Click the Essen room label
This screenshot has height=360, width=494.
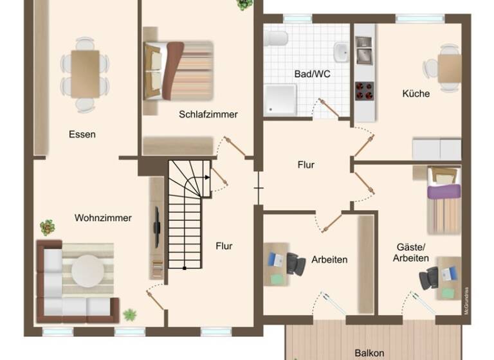coord(82,134)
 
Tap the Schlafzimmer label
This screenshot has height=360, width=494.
coord(208,114)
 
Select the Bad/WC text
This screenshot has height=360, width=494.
coord(312,74)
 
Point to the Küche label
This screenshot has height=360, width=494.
coord(416,93)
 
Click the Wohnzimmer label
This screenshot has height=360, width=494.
coord(103,218)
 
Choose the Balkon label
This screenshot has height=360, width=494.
coord(369,353)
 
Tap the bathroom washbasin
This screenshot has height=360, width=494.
coord(341,51)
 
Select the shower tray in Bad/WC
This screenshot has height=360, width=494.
coord(280,100)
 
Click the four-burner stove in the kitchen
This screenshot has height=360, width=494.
coord(365,91)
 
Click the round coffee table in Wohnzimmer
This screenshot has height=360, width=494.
coord(87,271)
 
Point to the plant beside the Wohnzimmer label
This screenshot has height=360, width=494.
coord(47,226)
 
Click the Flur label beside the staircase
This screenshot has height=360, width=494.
coord(224,246)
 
